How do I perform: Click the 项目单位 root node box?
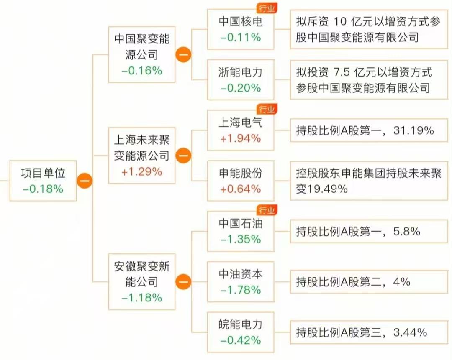[x=43, y=180]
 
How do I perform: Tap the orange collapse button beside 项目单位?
[x=85, y=181]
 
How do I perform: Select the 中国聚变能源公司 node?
[x=141, y=54]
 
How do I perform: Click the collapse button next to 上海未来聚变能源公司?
[x=183, y=156]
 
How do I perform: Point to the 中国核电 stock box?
[x=241, y=29]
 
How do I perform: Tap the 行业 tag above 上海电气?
[x=267, y=110]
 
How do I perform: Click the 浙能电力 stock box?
[x=241, y=79]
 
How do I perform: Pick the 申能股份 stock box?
[x=241, y=181]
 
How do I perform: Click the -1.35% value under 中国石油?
[x=241, y=239]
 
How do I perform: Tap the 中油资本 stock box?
[x=241, y=281]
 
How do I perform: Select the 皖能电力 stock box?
[x=241, y=332]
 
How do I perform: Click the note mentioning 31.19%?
[x=365, y=131]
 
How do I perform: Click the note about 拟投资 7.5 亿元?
[x=365, y=79]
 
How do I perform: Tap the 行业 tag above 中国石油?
[x=267, y=210]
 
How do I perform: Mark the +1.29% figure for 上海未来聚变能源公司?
[x=141, y=171]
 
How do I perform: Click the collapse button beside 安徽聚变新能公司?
[x=183, y=281]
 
